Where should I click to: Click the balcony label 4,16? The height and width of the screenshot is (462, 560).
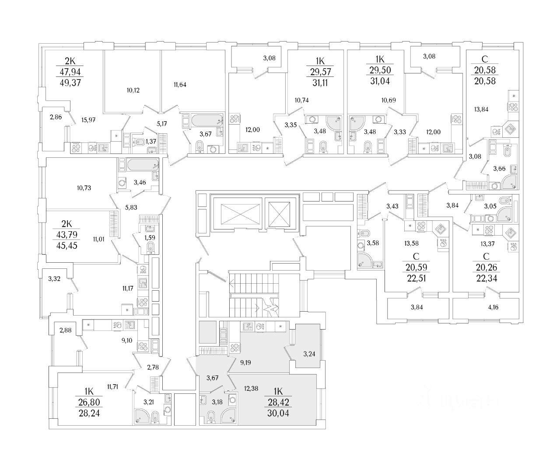[493, 307]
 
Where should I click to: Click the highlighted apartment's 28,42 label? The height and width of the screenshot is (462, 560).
[278, 403]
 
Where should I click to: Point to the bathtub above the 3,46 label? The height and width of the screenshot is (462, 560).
[139, 165]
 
